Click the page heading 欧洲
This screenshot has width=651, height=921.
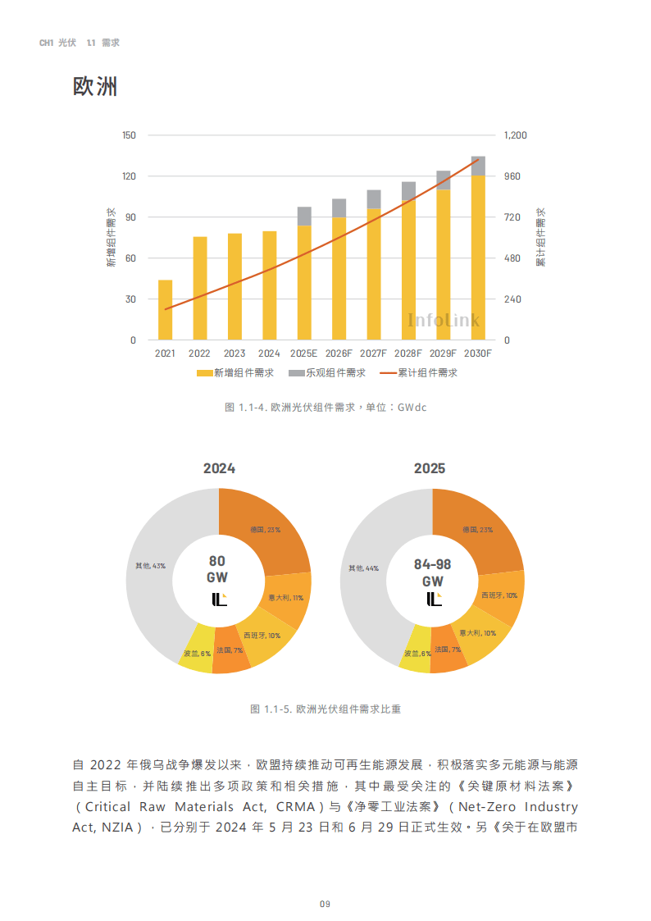tap(95, 86)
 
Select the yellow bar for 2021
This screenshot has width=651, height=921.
tap(165, 310)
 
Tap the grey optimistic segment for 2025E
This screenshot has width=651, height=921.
tap(304, 217)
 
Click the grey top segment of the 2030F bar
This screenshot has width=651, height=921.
tap(478, 166)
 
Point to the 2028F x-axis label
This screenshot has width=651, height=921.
tap(407, 353)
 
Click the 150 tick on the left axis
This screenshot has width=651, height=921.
tap(129, 135)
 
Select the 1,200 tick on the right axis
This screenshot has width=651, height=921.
tap(516, 135)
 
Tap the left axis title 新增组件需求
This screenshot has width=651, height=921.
tap(111, 238)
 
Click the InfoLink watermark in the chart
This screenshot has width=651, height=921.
tap(444, 320)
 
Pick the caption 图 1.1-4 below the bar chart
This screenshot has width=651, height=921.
tap(325, 408)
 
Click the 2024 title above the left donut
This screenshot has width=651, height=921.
tap(219, 468)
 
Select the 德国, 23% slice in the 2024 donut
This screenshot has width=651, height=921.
tap(265, 530)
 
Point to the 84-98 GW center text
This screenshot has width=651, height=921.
tap(432, 572)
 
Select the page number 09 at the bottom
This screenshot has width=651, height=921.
tap(325, 904)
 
